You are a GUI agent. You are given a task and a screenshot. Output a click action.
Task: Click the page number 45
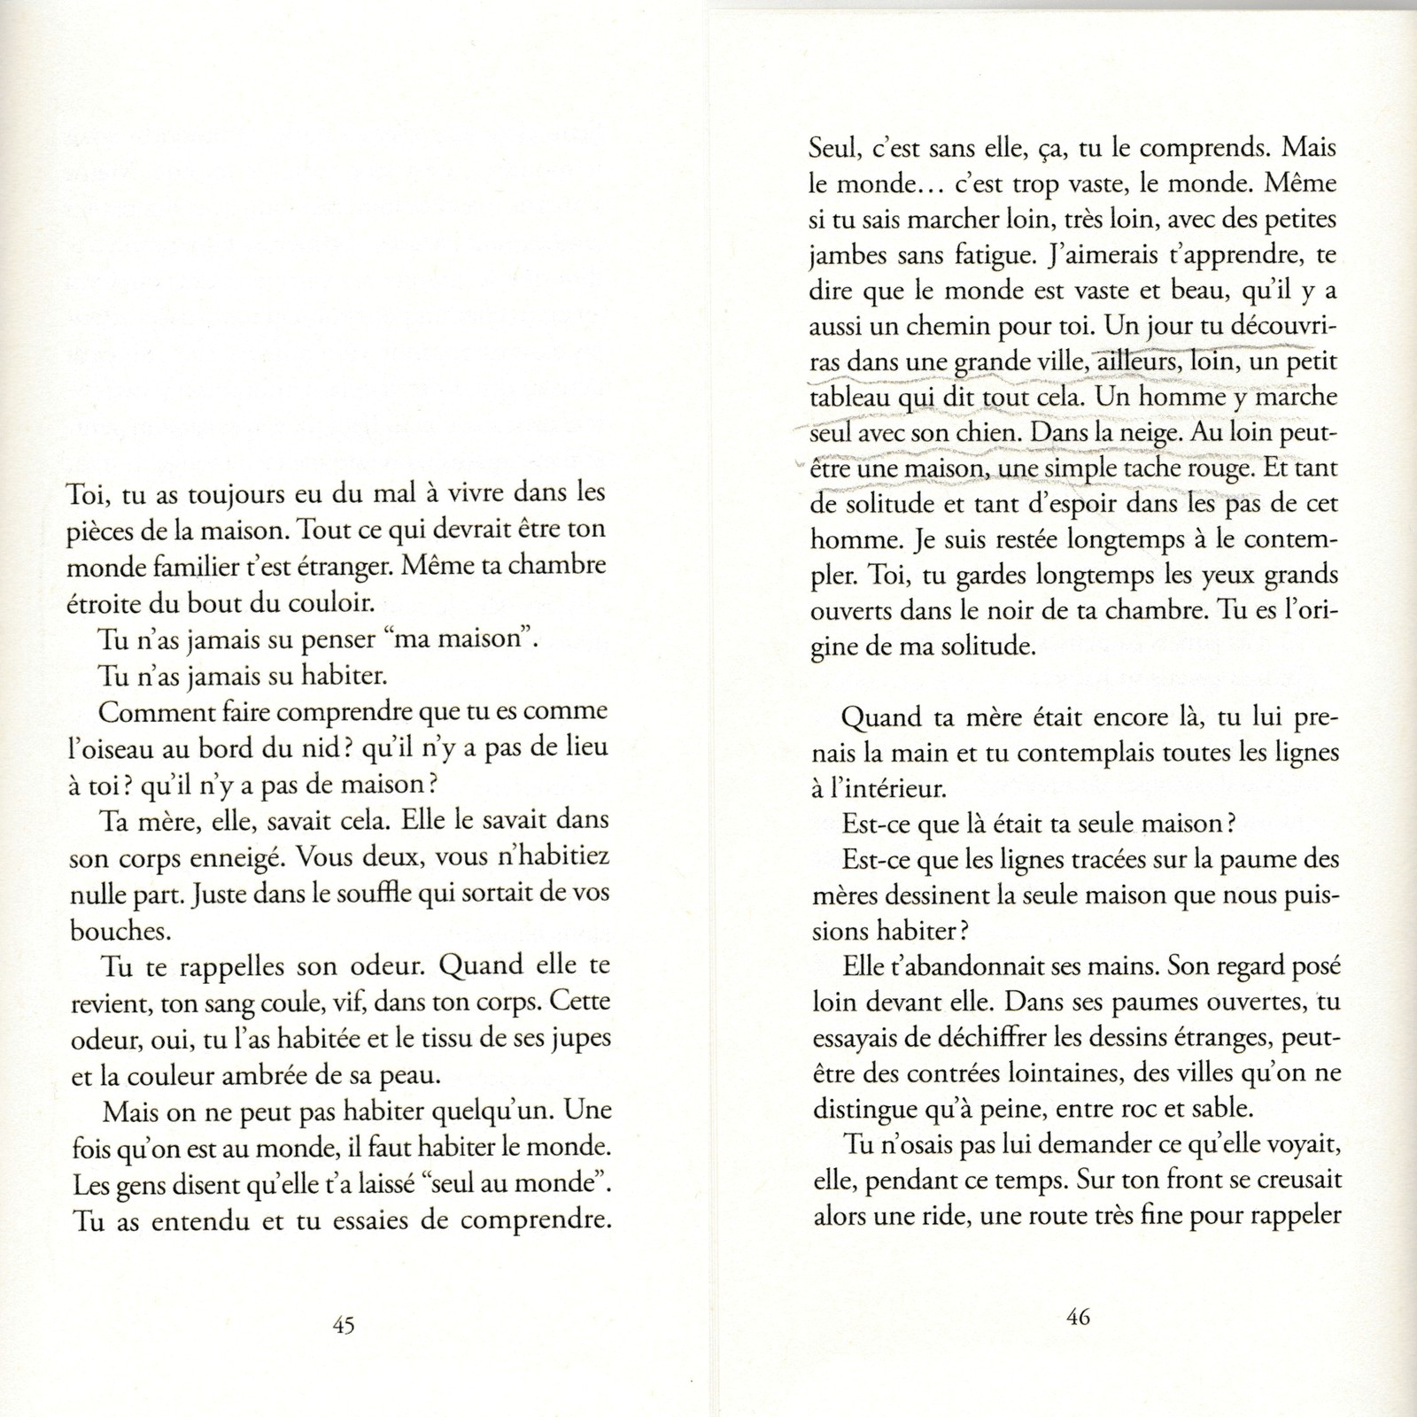click(x=343, y=1325)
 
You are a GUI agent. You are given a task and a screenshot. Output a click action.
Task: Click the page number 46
click(x=1077, y=1317)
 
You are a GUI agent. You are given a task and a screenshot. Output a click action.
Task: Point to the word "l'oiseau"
click(x=116, y=747)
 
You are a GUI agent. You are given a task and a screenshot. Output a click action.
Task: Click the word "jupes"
click(x=580, y=1039)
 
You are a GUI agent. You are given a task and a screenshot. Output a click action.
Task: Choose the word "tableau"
click(x=849, y=398)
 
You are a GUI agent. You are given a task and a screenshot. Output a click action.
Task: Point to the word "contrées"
click(x=956, y=1072)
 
